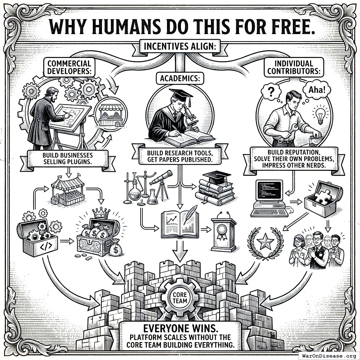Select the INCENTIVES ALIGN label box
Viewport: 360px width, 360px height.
click(180, 46)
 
